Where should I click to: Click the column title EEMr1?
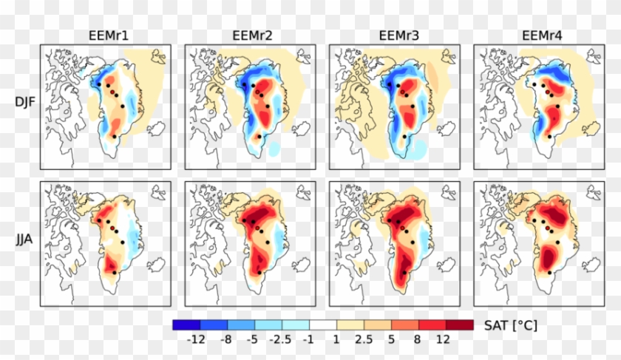pyautogui.click(x=106, y=35)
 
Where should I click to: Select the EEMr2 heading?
pyautogui.click(x=250, y=35)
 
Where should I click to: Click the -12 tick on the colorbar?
pyautogui.click(x=195, y=339)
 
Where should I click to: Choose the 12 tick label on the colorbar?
pyautogui.click(x=443, y=339)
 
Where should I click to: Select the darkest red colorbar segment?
pyautogui.click(x=457, y=325)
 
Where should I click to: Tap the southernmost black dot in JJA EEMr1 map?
pyautogui.click(x=115, y=273)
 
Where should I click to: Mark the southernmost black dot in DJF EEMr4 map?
pyautogui.click(x=549, y=136)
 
